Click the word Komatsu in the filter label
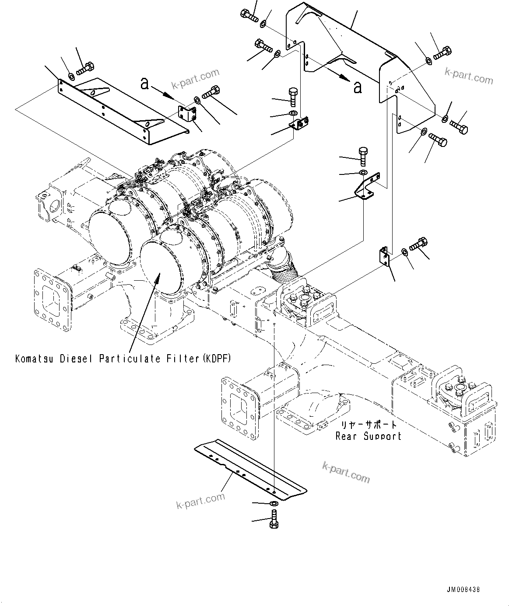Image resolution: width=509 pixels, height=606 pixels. tap(34, 359)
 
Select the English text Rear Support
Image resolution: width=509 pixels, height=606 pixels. tap(368, 436)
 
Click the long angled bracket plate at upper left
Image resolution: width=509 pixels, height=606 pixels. tap(123, 109)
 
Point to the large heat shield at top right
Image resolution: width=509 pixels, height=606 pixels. tap(350, 52)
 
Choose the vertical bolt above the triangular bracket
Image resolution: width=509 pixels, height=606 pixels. tap(363, 155)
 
